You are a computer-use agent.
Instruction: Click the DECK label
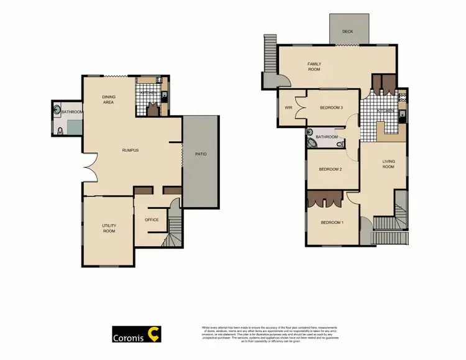348,32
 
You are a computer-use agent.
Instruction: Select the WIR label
288,108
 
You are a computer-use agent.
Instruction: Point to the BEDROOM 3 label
331,108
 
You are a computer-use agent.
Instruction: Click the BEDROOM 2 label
331,168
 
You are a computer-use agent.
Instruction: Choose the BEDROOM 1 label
331,222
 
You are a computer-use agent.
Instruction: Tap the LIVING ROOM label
388,164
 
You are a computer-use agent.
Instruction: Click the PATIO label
201,154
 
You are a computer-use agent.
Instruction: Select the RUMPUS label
130,150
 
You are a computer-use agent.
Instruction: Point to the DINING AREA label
109,99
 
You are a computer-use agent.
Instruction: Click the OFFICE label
152,219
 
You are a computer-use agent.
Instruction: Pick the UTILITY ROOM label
109,228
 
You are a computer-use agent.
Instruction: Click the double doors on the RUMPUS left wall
88,167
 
